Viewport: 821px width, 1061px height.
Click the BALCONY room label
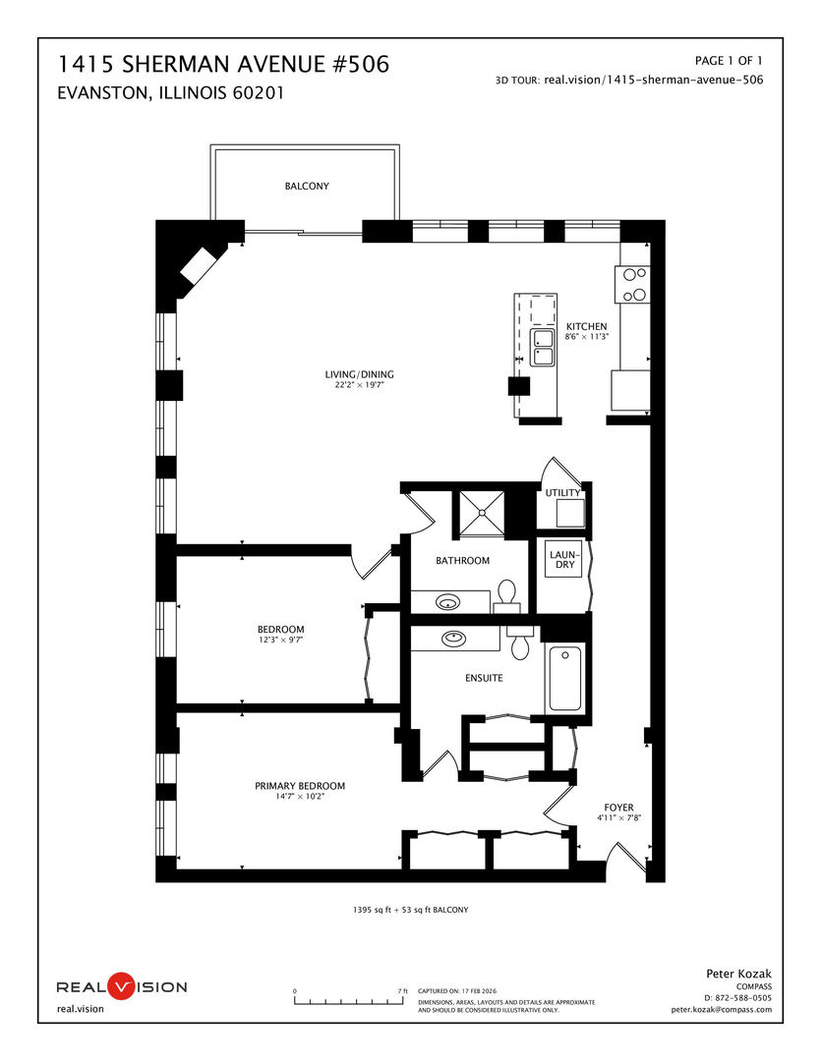coord(307,186)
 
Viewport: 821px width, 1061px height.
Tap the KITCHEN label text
coord(586,326)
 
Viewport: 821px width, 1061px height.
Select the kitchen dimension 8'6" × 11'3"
coord(586,337)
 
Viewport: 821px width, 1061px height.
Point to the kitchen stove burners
coord(634,284)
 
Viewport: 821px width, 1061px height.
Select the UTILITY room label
coord(562,493)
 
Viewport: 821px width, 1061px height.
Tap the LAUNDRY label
coord(564,559)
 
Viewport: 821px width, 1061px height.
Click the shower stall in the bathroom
coord(481,510)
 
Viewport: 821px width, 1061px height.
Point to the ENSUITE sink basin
coord(453,638)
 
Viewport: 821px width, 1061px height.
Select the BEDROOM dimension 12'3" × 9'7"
coord(281,641)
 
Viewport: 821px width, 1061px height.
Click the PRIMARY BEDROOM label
coord(300,785)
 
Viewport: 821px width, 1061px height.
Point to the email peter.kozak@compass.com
coord(722,1009)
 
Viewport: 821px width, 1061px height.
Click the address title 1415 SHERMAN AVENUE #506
coord(224,65)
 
